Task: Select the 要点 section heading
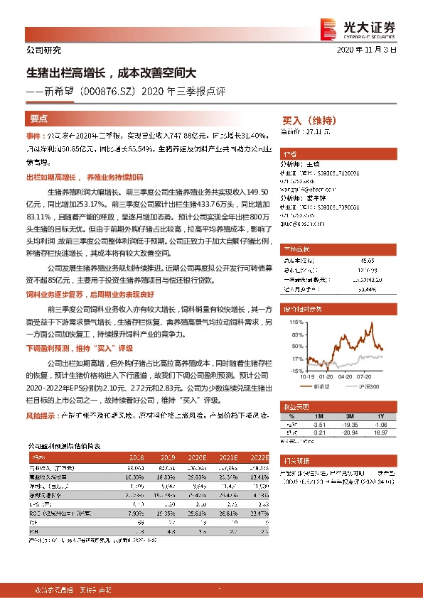[39, 119]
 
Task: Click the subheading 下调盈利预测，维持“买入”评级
[80, 349]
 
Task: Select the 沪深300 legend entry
[373, 387]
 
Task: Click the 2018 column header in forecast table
[134, 459]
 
